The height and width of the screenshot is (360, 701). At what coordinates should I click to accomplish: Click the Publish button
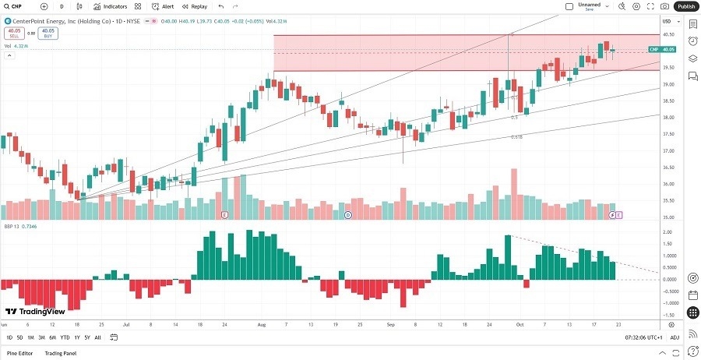686,6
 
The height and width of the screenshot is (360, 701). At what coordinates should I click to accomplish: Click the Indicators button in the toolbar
111,6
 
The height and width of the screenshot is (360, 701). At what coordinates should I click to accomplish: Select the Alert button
164,6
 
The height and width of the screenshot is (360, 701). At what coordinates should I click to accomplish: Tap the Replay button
196,6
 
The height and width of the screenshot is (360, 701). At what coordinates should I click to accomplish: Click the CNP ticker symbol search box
16,6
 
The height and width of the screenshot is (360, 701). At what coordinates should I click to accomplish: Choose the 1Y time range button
76,337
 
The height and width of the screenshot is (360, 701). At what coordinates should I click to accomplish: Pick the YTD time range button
65,337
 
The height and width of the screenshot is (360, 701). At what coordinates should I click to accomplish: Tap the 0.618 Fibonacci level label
516,137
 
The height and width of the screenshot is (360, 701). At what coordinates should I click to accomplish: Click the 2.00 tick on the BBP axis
668,232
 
